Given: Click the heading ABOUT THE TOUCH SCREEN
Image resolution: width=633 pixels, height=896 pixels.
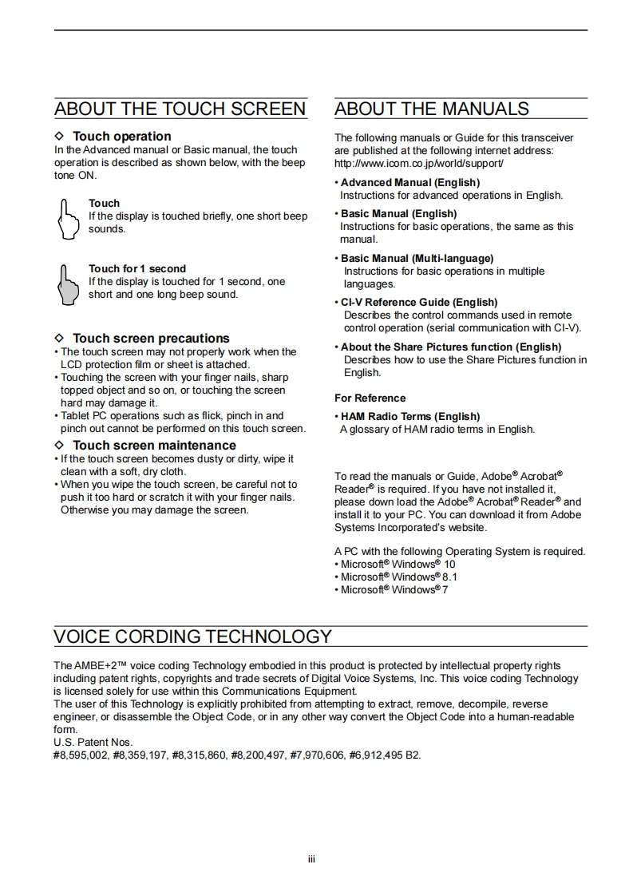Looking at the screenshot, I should click(180, 109).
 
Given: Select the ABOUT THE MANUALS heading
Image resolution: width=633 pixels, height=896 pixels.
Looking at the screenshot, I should click(432, 109).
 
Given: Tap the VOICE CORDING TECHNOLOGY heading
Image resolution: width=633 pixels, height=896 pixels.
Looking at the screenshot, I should click(192, 636).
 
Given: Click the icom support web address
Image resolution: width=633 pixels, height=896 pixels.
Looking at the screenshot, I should click(419, 163).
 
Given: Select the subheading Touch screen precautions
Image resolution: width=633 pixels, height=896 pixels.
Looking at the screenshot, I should click(151, 339).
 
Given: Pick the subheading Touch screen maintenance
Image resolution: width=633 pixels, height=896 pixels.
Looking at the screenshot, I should click(154, 446).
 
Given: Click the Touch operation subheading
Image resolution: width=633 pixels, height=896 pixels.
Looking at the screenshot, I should click(121, 137).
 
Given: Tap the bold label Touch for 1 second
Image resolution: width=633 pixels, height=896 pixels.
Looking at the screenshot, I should click(136, 269).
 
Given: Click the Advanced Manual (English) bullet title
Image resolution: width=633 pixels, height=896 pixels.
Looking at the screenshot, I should click(410, 183).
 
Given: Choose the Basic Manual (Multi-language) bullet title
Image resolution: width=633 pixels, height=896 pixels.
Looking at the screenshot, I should click(417, 259).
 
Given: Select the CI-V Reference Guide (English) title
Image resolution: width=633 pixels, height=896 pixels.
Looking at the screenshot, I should click(419, 303).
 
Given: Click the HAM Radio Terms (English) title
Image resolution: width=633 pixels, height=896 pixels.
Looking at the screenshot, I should click(410, 417).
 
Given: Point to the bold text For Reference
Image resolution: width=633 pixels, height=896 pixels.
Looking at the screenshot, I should click(370, 398).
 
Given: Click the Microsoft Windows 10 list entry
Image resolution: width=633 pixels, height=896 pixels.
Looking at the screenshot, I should click(398, 565).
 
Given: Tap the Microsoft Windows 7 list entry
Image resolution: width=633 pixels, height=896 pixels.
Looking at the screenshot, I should click(394, 590).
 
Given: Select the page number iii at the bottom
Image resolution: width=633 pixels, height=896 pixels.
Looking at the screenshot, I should click(312, 859).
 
